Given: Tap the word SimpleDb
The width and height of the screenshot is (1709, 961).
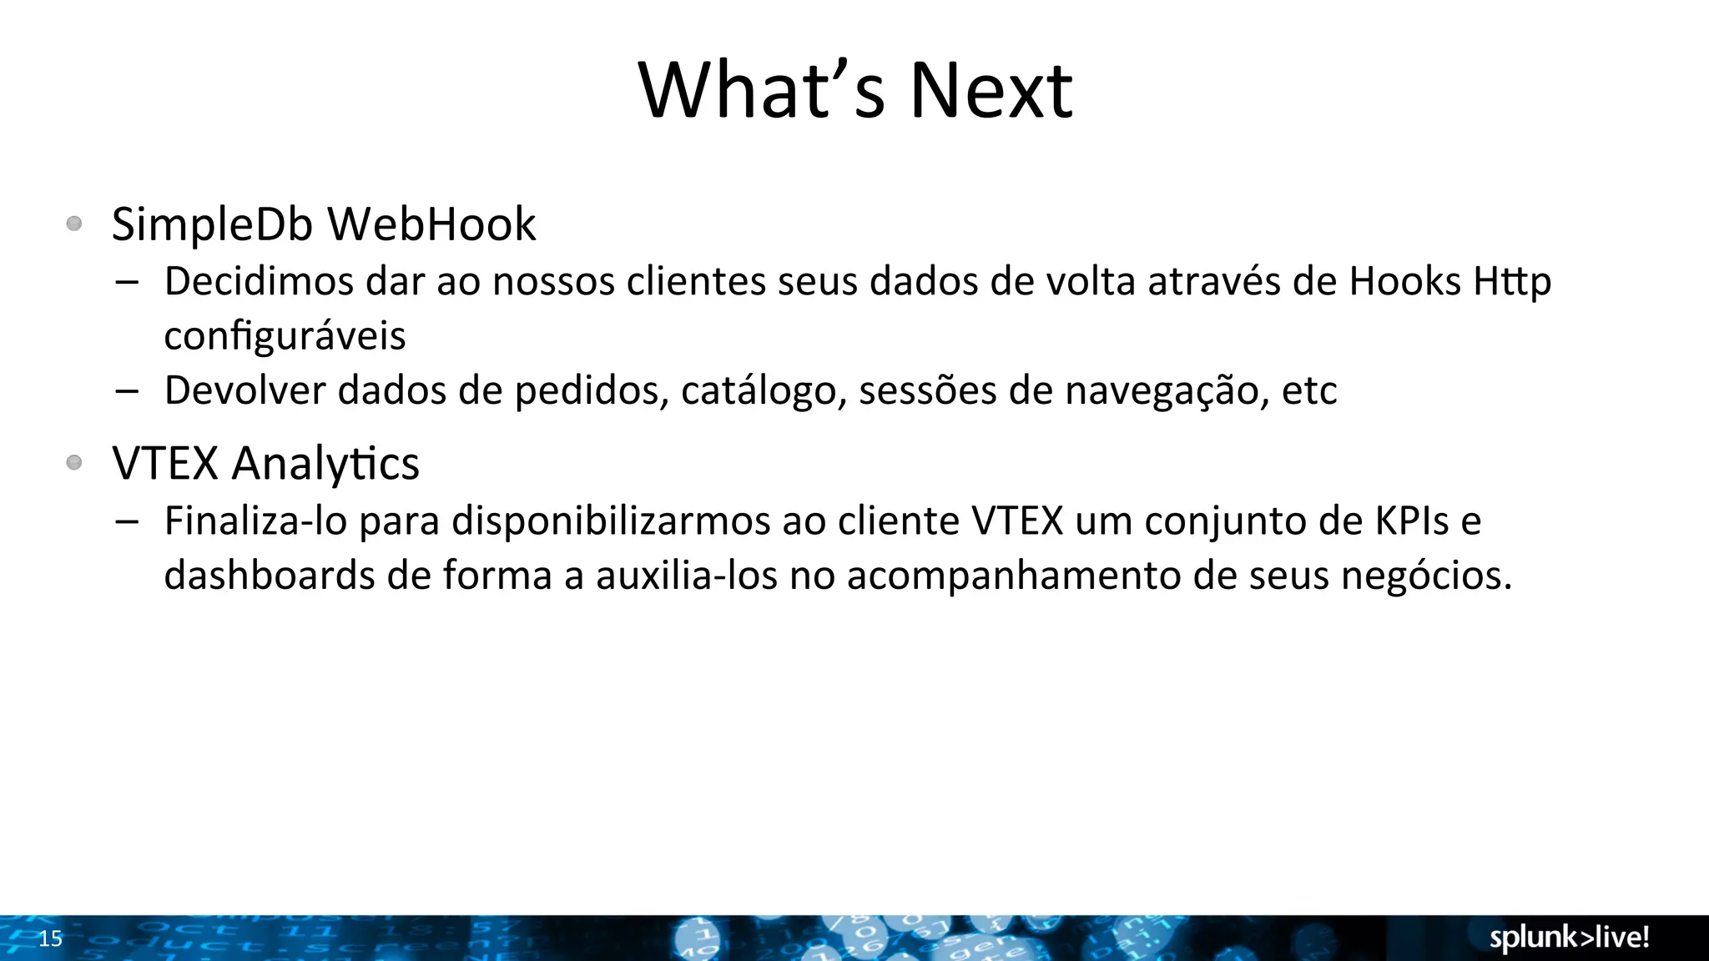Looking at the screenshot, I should point(212,224).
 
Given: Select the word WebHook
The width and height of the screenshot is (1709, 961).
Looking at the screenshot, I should point(431,224).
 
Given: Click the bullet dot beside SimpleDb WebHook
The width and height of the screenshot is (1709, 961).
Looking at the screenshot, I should point(74,224).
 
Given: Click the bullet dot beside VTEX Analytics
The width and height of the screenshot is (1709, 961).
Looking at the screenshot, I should point(74,462).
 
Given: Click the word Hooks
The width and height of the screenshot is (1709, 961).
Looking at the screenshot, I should point(1404,281).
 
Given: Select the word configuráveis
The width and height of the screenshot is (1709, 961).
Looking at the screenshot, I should point(285,335).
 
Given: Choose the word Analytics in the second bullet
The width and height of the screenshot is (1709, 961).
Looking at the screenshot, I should point(325,464).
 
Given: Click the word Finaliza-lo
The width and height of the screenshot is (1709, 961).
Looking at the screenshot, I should point(255,521).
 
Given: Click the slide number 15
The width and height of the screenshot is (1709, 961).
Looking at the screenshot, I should point(51,938).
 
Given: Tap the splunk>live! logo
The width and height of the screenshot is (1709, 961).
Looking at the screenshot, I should point(1569,938).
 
